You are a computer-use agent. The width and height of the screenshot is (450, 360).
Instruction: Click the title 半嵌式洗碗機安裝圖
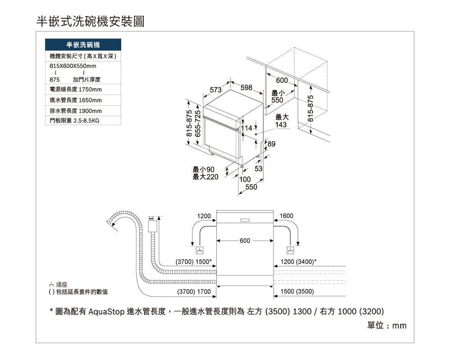(x=90, y=21)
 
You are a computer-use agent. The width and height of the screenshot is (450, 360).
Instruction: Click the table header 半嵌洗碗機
(x=83, y=45)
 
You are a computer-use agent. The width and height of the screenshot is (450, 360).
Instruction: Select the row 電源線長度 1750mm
(x=76, y=90)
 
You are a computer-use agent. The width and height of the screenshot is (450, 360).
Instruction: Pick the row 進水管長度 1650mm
(x=76, y=100)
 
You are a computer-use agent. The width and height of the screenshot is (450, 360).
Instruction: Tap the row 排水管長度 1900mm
(x=76, y=111)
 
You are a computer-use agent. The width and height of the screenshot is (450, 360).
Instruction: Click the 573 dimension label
(x=216, y=90)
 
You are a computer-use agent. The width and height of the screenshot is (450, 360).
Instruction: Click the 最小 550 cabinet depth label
(x=278, y=96)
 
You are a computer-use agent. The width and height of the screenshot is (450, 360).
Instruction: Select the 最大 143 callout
(x=281, y=121)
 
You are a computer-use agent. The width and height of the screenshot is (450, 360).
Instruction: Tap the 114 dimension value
(x=247, y=129)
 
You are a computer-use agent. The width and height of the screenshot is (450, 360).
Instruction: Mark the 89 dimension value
(x=271, y=144)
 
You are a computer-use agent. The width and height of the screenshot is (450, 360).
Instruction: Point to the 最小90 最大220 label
(x=205, y=173)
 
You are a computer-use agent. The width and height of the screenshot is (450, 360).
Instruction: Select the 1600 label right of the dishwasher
(x=287, y=216)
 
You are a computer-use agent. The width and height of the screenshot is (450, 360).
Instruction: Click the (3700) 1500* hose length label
(x=193, y=262)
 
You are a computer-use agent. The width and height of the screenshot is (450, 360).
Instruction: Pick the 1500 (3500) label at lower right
(x=297, y=292)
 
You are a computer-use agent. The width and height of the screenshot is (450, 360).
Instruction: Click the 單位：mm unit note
(x=387, y=325)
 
